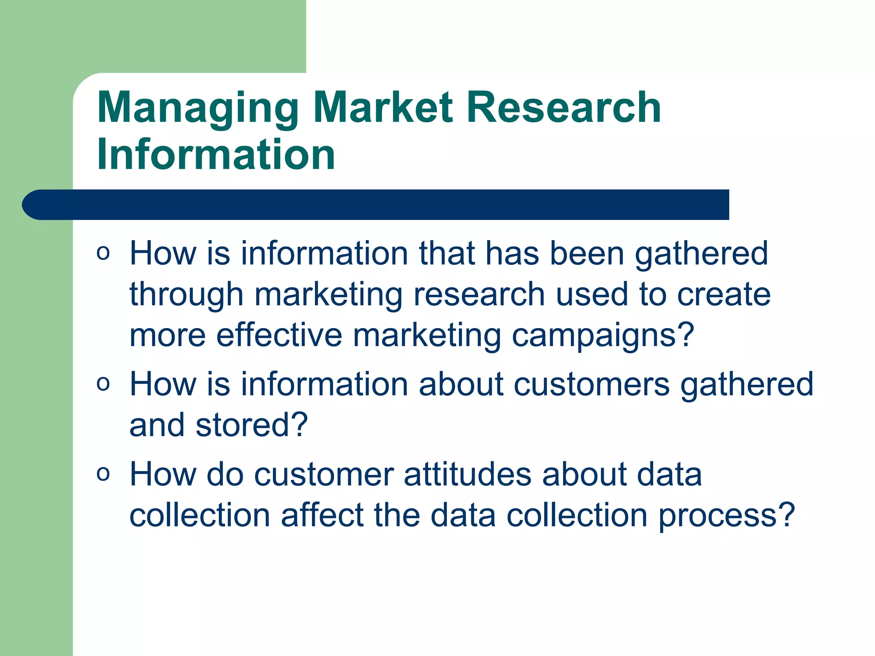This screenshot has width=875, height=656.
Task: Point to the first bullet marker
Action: click(103, 253)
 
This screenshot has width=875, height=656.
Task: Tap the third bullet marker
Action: click(103, 474)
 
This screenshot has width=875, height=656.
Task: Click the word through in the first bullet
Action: click(186, 295)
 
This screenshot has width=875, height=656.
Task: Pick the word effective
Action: click(279, 335)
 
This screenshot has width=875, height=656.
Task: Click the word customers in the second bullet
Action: click(592, 384)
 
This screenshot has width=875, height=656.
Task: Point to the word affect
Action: click(322, 515)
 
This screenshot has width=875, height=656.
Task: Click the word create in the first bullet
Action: click(724, 295)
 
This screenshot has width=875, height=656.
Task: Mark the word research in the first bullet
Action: click(479, 295)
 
